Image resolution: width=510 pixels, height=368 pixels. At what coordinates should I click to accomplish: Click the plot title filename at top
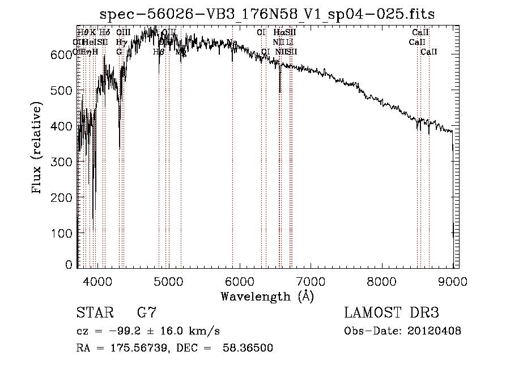point(267,14)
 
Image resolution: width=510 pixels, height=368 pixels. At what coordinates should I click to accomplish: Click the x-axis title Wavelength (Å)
point(267,296)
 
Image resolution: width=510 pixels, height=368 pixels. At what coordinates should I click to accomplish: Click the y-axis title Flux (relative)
point(37,149)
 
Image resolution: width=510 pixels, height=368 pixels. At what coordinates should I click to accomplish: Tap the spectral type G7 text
point(146,313)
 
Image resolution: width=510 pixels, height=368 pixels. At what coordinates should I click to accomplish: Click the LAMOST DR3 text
point(392,313)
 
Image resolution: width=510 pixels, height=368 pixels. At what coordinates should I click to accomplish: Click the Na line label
point(232,42)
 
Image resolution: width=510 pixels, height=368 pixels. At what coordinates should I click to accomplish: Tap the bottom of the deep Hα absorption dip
point(280,91)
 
